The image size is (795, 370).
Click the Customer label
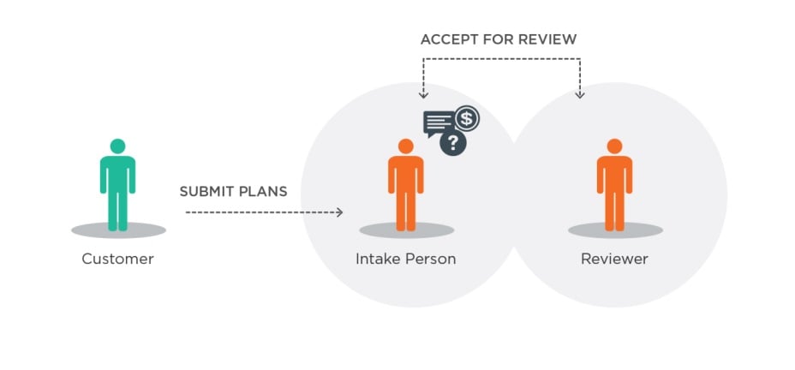(x=117, y=259)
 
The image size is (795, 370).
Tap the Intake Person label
(x=405, y=259)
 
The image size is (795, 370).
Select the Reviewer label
(x=614, y=259)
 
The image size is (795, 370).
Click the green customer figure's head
(x=117, y=146)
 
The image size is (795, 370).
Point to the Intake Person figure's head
(x=405, y=146)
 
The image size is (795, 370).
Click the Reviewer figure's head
(x=614, y=146)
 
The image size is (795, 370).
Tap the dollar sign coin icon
(x=467, y=117)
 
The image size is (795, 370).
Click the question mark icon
(x=453, y=143)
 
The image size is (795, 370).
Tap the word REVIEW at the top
(x=548, y=39)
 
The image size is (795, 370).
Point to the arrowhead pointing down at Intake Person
(x=423, y=94)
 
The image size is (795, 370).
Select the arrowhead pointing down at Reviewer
(x=580, y=94)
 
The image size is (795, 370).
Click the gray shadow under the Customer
(x=117, y=230)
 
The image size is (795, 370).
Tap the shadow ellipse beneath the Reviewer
(x=614, y=230)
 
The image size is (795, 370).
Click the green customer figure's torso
(x=117, y=175)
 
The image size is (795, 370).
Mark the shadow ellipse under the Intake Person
(x=405, y=230)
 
